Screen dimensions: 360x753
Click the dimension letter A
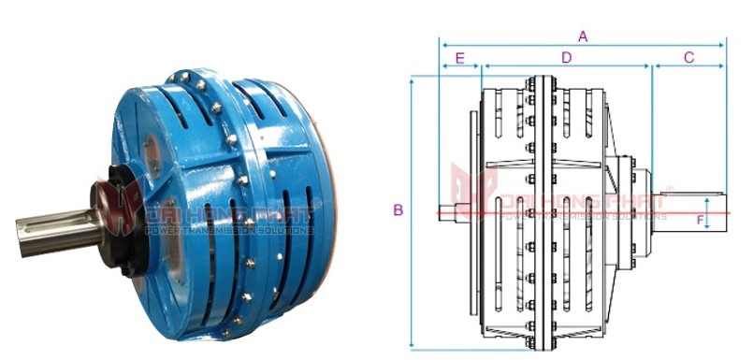point(583,36)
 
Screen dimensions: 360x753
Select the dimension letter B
point(398,210)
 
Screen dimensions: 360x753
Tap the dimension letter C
point(688,58)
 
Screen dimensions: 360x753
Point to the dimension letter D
point(566,58)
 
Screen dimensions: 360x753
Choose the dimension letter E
point(459,58)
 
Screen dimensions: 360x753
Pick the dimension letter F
point(699,221)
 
